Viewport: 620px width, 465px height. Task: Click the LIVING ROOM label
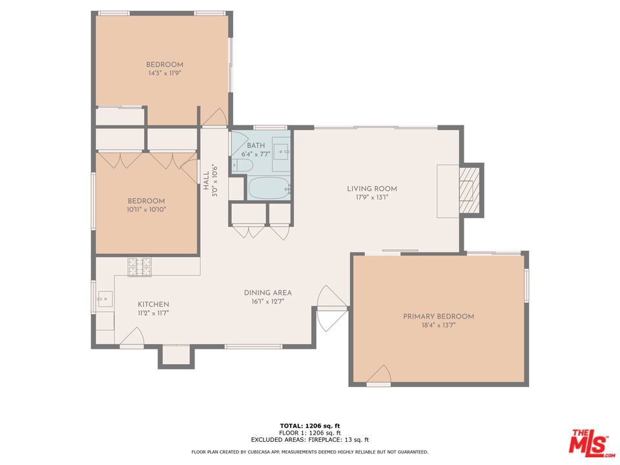pos(371,189)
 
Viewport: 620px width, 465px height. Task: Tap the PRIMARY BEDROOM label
pos(438,316)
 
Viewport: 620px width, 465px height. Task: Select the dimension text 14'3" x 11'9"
pos(164,74)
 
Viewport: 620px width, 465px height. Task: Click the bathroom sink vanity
pos(280,150)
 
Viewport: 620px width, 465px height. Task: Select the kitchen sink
pos(105,299)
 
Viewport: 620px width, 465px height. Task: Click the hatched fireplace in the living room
pos(470,191)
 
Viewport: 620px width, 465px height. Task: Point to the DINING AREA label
pos(267,293)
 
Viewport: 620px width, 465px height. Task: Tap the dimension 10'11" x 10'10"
pos(146,209)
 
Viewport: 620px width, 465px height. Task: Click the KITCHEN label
pos(153,304)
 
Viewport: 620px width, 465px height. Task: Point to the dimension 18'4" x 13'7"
pos(438,325)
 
